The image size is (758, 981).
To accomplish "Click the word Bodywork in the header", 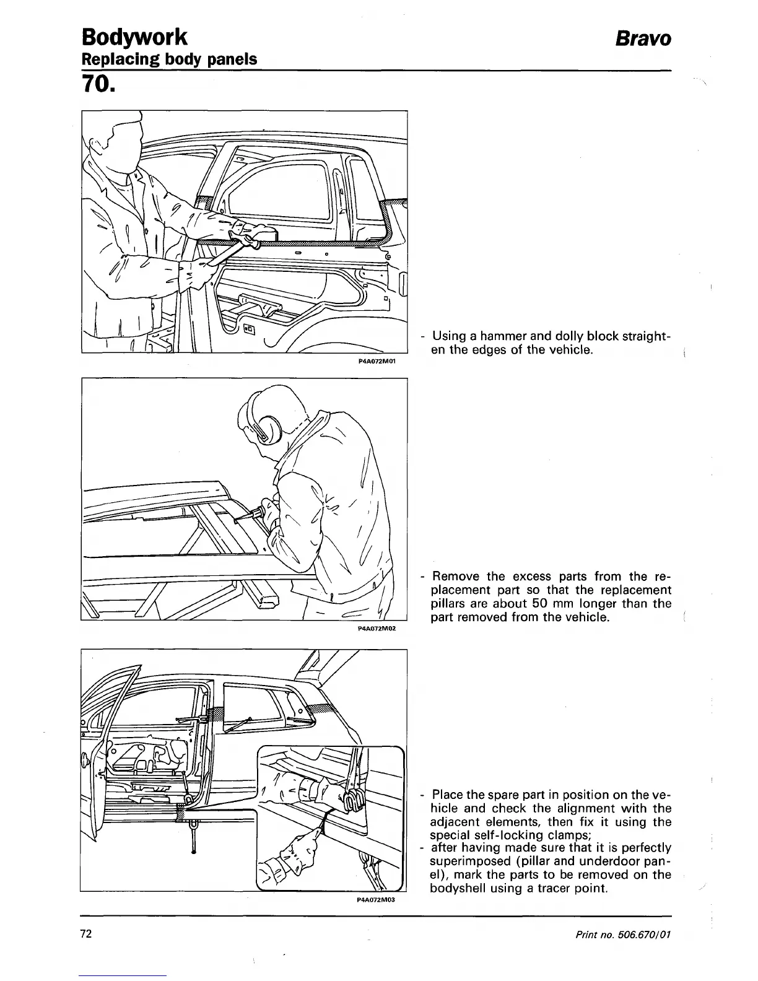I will pos(134,37).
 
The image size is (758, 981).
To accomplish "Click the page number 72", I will pos(86,934).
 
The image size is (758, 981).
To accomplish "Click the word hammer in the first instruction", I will pos(501,336).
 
